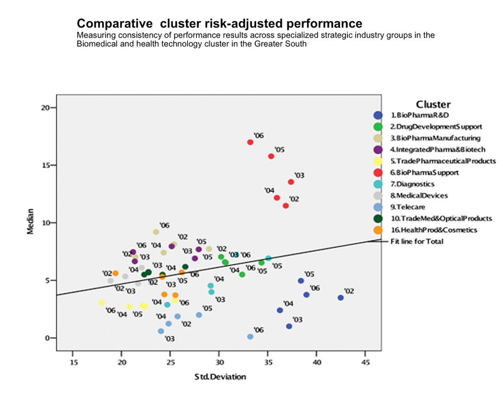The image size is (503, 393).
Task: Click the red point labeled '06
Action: coord(250,142)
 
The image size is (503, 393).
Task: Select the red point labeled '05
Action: coord(271,156)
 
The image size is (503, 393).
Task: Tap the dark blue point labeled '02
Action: coord(340,298)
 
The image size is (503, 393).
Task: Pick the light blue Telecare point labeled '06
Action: coord(250,337)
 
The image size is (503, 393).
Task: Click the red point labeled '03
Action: coord(291,182)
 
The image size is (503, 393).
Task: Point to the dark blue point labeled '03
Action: coord(289,326)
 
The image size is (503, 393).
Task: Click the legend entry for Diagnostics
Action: coord(415,184)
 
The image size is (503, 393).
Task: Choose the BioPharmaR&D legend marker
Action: coord(378,115)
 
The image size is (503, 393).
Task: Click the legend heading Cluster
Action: coord(433,104)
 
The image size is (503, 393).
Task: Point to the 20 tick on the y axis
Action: coord(47,108)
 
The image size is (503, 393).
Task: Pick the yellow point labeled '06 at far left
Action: coord(102,303)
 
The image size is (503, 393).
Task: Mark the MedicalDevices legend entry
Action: coord(419,196)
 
